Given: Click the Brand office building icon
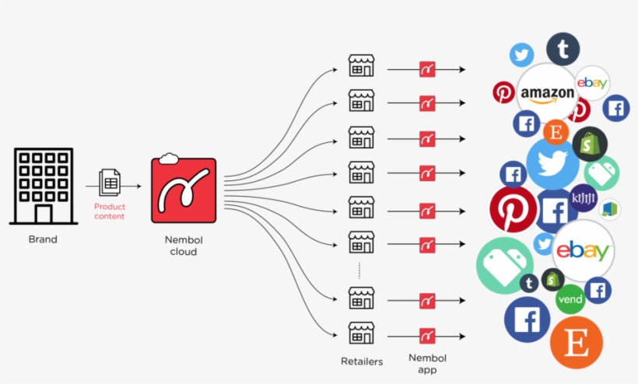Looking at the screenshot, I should coord(43,186).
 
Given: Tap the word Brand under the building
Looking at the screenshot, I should coord(43,239).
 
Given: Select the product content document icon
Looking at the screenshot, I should coord(109,183).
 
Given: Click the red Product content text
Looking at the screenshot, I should coord(110,211).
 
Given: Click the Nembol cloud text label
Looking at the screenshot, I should coord(184,246).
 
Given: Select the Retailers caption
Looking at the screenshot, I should coord(361,361).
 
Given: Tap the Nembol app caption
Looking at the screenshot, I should coord(427,364).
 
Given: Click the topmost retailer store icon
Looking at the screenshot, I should coord(361,66).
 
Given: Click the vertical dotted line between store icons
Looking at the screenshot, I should coord(359,270).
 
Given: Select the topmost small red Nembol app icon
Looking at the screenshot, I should coord(427,68).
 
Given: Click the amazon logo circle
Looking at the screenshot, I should coord(547,93).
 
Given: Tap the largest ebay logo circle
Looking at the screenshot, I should coord(583,250).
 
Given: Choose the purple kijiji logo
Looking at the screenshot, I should coord(583,198).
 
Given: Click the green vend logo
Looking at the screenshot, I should coord(570,299).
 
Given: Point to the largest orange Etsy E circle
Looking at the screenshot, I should coord(577,343).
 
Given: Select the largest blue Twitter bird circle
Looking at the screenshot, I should coord(552,162).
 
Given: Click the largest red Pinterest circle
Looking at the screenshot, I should coord(514,209).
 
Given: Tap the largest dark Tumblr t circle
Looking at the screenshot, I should coord(563,50).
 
